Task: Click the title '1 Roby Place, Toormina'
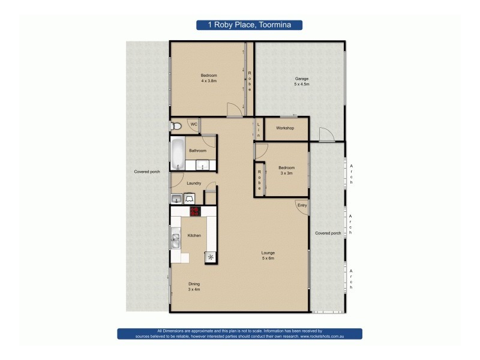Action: pos(250,25)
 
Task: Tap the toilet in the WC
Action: pos(175,126)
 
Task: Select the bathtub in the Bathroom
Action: pos(178,154)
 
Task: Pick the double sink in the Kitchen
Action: pos(176,241)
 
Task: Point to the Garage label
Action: pos(301,79)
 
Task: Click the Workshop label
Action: pos(284,128)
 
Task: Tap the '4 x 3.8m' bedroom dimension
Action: pos(209,80)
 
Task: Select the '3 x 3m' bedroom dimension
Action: pos(286,173)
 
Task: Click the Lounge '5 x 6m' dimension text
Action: pos(268,259)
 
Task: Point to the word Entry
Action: pos(302,205)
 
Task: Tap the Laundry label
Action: pos(193,184)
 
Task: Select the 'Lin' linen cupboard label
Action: pos(259,130)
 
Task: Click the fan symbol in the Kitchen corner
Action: pos(211,257)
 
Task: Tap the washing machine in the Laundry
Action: pos(190,197)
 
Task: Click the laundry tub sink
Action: pos(176,198)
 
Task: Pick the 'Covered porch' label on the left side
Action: pos(147,172)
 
